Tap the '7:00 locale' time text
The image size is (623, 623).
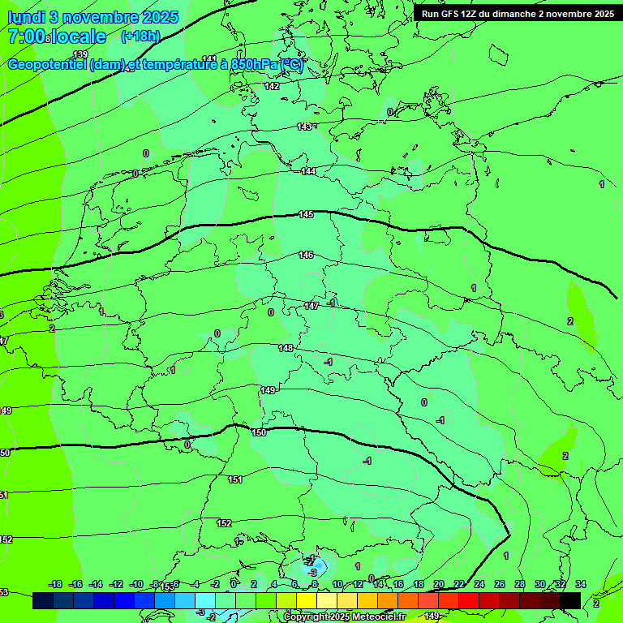tap(57, 37)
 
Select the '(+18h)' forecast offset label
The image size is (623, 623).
tap(140, 37)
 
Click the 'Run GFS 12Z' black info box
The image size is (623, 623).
tap(517, 14)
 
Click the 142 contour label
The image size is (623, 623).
tap(272, 86)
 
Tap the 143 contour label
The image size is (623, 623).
tap(304, 127)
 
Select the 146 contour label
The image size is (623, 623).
tap(306, 255)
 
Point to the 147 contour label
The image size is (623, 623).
tap(311, 306)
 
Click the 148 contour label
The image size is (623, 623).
tap(286, 348)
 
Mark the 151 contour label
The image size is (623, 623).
tap(235, 479)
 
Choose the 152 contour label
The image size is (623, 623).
tap(225, 523)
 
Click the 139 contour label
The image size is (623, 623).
tap(80, 54)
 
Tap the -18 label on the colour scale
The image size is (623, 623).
tap(56, 584)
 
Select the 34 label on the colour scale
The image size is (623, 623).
tap(580, 584)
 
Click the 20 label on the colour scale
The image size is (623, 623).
tap(439, 584)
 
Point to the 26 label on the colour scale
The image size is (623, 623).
tap(499, 584)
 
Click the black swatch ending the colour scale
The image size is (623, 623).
tap(570, 600)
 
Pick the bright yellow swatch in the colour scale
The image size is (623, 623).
tap(306, 600)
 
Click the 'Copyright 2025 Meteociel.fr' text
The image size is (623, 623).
tap(345, 617)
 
